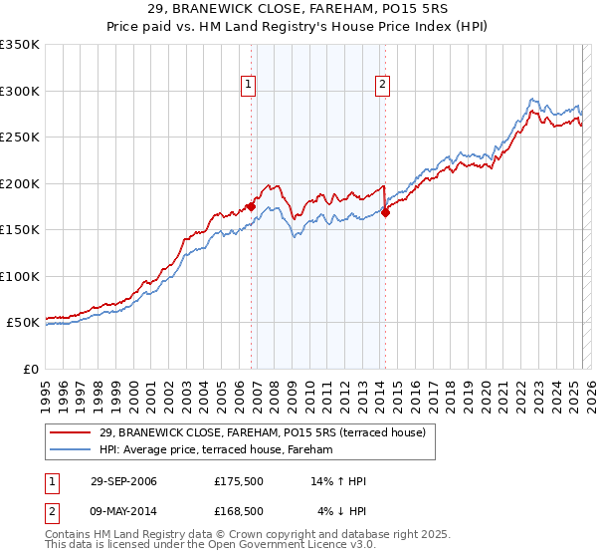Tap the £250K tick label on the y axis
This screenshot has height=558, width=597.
tap(20, 138)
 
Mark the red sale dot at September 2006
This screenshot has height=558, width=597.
tap(251, 206)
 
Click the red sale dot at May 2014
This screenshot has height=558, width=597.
tap(385, 212)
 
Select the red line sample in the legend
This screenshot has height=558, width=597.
tap(71, 432)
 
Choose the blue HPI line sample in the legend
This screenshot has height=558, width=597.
tap(71, 450)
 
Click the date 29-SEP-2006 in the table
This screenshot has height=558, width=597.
tap(123, 482)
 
